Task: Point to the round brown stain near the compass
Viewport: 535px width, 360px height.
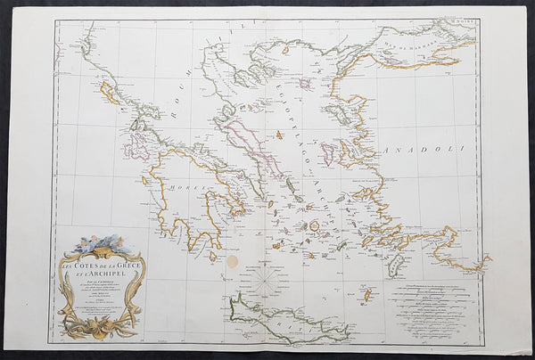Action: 234,263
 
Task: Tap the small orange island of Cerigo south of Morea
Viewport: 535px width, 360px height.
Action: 213,258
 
